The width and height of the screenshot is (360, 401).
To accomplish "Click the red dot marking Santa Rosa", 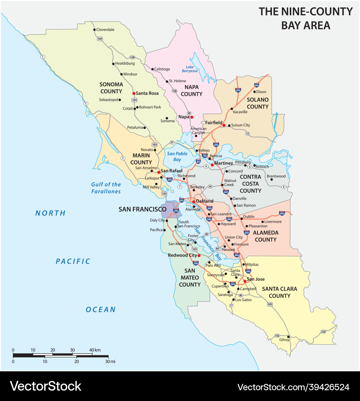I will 134,93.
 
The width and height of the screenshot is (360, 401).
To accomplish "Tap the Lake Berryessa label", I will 189,69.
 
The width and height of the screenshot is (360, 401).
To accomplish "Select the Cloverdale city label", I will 106,29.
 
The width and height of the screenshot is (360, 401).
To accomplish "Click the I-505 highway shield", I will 238,90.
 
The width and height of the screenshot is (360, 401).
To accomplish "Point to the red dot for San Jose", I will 245,281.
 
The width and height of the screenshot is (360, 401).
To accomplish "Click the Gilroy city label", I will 284,340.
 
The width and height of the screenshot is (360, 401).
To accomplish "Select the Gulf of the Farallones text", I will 106,188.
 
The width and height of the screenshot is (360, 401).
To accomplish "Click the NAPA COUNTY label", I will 191,90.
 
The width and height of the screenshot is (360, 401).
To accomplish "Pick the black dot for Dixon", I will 254,92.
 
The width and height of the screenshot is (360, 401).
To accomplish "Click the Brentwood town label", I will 276,176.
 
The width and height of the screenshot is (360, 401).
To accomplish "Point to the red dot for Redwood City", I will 199,255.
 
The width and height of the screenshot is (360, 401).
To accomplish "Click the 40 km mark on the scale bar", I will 92,350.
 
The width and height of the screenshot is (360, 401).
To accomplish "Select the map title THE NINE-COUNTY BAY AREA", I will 305,18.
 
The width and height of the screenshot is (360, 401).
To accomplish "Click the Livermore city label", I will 273,222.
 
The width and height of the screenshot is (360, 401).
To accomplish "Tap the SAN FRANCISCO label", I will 142,209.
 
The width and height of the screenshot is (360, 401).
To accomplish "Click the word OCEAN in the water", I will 101,310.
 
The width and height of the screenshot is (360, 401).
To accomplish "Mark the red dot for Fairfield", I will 224,125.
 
